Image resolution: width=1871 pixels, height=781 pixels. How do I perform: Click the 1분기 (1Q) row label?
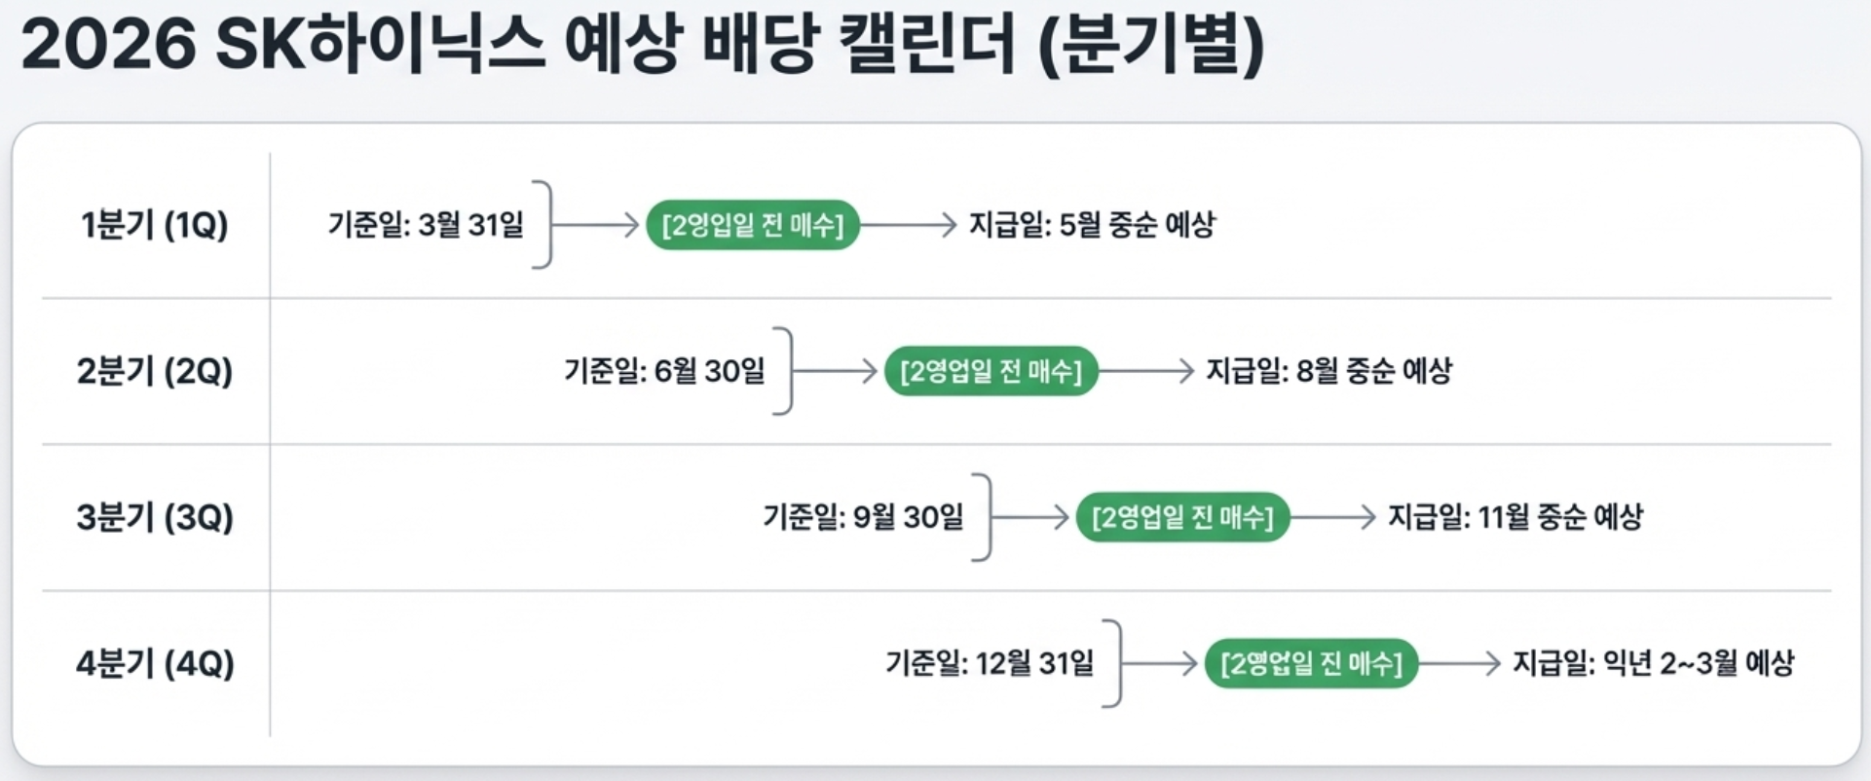[154, 225]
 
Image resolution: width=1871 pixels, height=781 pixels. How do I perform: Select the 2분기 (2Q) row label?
[154, 371]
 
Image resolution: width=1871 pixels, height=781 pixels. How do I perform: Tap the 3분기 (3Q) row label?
[154, 517]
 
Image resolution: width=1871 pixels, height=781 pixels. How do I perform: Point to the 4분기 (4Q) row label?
[154, 663]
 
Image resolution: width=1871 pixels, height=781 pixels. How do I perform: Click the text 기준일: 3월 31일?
[426, 225]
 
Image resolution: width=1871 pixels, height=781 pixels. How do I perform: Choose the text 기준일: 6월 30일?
[664, 371]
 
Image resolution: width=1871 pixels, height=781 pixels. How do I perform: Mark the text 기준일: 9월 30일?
[863, 517]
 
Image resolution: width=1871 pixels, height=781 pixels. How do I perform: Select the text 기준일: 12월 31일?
[990, 663]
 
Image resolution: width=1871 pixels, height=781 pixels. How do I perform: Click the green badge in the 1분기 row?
[753, 225]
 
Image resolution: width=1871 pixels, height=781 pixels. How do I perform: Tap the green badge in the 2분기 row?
[991, 371]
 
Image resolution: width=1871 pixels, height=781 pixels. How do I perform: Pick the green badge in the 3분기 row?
[1182, 517]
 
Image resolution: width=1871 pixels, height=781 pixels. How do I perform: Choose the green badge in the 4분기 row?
[1311, 663]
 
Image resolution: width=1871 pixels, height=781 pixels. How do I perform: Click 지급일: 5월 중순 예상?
[1092, 225]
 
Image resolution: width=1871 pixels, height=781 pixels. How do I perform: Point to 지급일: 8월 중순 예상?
[1328, 371]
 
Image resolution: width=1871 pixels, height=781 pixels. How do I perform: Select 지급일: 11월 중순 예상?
[1515, 517]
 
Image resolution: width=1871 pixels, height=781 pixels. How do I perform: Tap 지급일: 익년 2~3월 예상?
[1653, 663]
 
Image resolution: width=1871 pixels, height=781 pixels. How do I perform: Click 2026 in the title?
[108, 45]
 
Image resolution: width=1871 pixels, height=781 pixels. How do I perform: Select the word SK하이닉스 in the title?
[380, 45]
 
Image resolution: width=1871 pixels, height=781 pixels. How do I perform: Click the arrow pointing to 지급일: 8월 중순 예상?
[1146, 371]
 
